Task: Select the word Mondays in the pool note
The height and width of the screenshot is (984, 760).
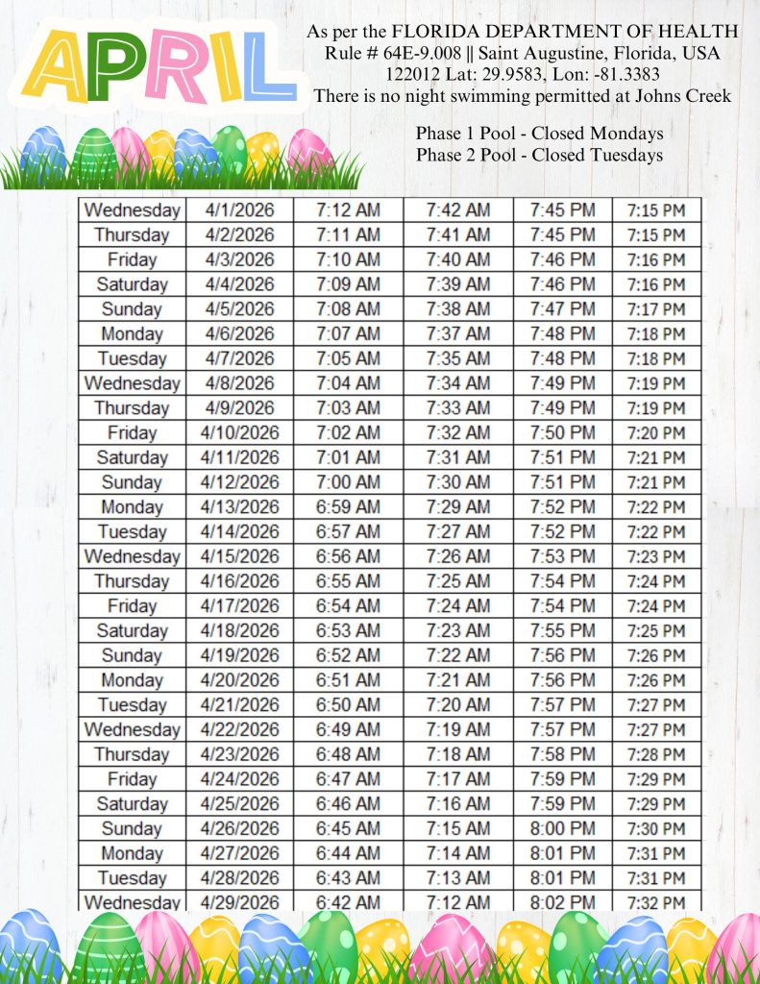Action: point(626,134)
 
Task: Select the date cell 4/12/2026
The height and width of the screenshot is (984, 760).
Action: point(239,482)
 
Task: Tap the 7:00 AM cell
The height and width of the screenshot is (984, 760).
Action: point(348,482)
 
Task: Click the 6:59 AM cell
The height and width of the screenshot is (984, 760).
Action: point(348,507)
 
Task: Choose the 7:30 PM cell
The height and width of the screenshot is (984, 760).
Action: point(656,828)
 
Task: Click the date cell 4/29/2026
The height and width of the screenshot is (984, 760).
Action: point(239,902)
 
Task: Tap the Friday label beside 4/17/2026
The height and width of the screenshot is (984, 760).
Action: point(132,606)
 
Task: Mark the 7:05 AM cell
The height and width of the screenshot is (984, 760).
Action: point(348,358)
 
